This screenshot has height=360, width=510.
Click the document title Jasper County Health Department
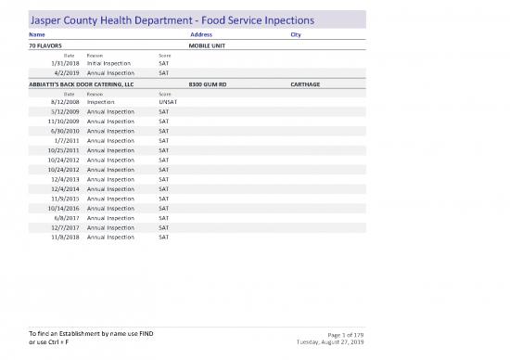(172, 19)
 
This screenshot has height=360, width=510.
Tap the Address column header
(200, 35)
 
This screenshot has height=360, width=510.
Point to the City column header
(296, 35)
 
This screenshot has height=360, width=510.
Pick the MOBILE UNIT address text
(209, 45)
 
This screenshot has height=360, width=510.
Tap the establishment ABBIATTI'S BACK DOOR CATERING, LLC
(83, 84)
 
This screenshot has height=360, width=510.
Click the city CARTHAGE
(305, 84)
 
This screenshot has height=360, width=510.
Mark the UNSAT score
(168, 101)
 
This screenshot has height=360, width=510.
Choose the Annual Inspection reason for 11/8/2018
(110, 238)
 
